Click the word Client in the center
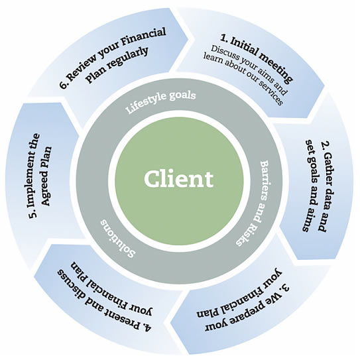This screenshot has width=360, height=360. point(180,178)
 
